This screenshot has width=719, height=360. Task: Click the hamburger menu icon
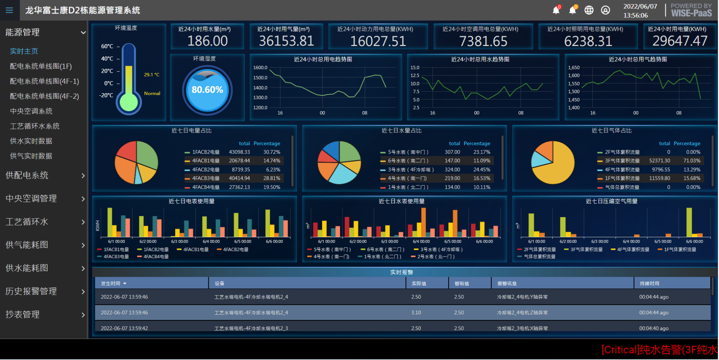[9, 10]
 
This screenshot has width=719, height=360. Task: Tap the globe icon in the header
[589, 10]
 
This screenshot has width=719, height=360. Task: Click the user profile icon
[605, 10]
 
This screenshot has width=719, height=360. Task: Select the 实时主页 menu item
[24, 51]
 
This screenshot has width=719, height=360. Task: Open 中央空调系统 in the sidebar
[31, 111]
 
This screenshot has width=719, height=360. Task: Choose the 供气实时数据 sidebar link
[31, 156]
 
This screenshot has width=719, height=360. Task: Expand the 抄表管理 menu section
[44, 314]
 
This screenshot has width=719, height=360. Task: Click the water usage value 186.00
[208, 41]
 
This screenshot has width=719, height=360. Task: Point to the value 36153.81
[286, 41]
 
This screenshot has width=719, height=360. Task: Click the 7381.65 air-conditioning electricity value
[483, 41]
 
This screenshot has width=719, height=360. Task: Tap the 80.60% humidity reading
[207, 90]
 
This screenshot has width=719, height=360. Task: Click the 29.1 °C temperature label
[152, 75]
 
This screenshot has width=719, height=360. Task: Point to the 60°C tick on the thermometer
[107, 46]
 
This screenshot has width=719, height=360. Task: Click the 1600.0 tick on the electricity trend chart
[260, 68]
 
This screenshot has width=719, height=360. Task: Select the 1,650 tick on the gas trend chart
[574, 68]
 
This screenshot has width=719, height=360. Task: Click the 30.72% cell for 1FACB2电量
[271, 152]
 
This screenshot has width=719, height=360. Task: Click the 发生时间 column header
[111, 284]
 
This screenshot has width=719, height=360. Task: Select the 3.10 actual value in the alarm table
[416, 312]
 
